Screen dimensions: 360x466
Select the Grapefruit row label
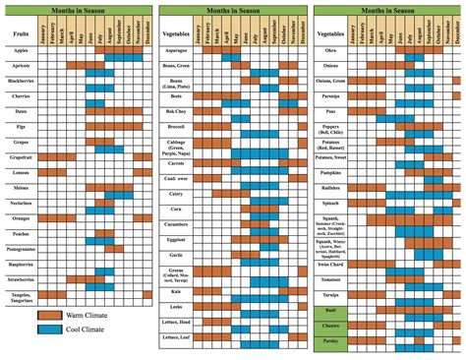pyautogui.click(x=21, y=155)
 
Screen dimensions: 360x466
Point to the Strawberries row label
pyautogui.click(x=21, y=279)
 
